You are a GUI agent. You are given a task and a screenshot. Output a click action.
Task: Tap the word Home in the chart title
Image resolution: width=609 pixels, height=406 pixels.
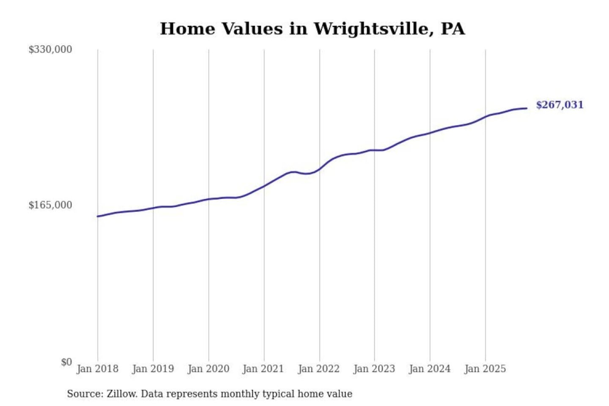[x=188, y=29]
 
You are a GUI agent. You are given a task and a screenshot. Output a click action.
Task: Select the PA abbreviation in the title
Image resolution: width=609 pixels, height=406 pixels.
[x=453, y=29]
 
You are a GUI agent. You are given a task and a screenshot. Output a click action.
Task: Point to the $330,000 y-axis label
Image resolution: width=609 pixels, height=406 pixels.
[x=50, y=49]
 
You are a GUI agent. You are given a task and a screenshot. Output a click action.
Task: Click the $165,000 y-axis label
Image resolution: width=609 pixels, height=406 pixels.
[x=50, y=205]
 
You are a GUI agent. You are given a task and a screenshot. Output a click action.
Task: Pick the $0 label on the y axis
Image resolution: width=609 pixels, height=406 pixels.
[x=66, y=362]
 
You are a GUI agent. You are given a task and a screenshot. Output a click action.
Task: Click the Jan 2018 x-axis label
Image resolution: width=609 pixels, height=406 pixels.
[x=97, y=369]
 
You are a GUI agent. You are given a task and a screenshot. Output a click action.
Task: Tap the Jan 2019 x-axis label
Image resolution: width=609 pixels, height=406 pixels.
[x=153, y=369]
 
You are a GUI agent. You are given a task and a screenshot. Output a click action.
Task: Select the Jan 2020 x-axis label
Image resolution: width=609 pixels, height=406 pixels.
[x=208, y=369]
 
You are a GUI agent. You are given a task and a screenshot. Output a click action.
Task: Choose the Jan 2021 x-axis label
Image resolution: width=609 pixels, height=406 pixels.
[x=263, y=369]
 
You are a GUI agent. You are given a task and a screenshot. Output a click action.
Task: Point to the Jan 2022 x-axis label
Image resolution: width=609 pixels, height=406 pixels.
[x=318, y=369]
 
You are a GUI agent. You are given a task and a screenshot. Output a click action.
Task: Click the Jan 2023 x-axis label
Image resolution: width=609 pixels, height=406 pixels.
[x=374, y=369]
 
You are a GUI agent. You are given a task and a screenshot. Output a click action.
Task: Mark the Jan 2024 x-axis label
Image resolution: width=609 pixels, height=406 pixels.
[x=429, y=369]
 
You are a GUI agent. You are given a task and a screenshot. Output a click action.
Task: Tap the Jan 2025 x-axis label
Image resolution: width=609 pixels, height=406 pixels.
[x=485, y=369]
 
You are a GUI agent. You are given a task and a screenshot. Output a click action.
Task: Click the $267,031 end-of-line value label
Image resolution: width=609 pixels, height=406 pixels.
[x=560, y=105]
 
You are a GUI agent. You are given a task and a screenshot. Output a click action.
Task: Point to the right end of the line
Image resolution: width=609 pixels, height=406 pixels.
[x=527, y=108]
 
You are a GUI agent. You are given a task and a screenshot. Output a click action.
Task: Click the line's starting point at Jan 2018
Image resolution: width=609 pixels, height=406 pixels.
[x=98, y=217]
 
